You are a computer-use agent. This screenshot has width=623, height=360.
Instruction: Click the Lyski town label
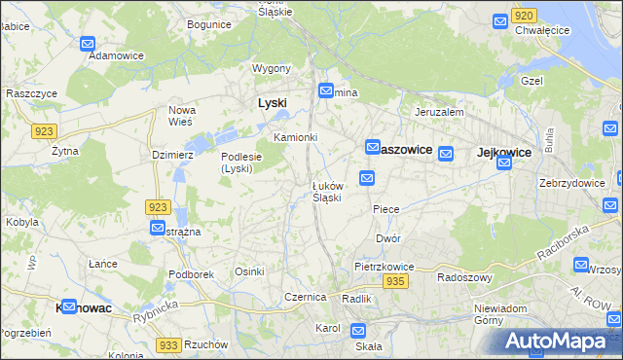pos(273,102)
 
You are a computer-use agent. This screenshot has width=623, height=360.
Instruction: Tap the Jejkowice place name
pos(503,152)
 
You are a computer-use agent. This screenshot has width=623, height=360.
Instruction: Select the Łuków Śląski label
pos(326,192)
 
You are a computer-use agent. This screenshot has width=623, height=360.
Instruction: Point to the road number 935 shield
pos(394,280)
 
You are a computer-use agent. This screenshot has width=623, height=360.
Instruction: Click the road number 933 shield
pos(168,345)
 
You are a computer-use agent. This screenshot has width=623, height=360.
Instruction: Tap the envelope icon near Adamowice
pos(88,44)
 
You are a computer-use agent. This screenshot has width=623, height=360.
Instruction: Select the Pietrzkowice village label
pos(385,266)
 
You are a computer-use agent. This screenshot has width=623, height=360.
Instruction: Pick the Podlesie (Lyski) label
pos(238,162)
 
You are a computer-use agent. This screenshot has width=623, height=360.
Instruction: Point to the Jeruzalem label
pos(438,112)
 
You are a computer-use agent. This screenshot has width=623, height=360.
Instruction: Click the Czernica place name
pos(304,296)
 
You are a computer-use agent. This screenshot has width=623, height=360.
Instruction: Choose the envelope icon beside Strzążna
pos(158,227)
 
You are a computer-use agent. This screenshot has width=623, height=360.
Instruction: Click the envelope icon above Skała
pos(358,330)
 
